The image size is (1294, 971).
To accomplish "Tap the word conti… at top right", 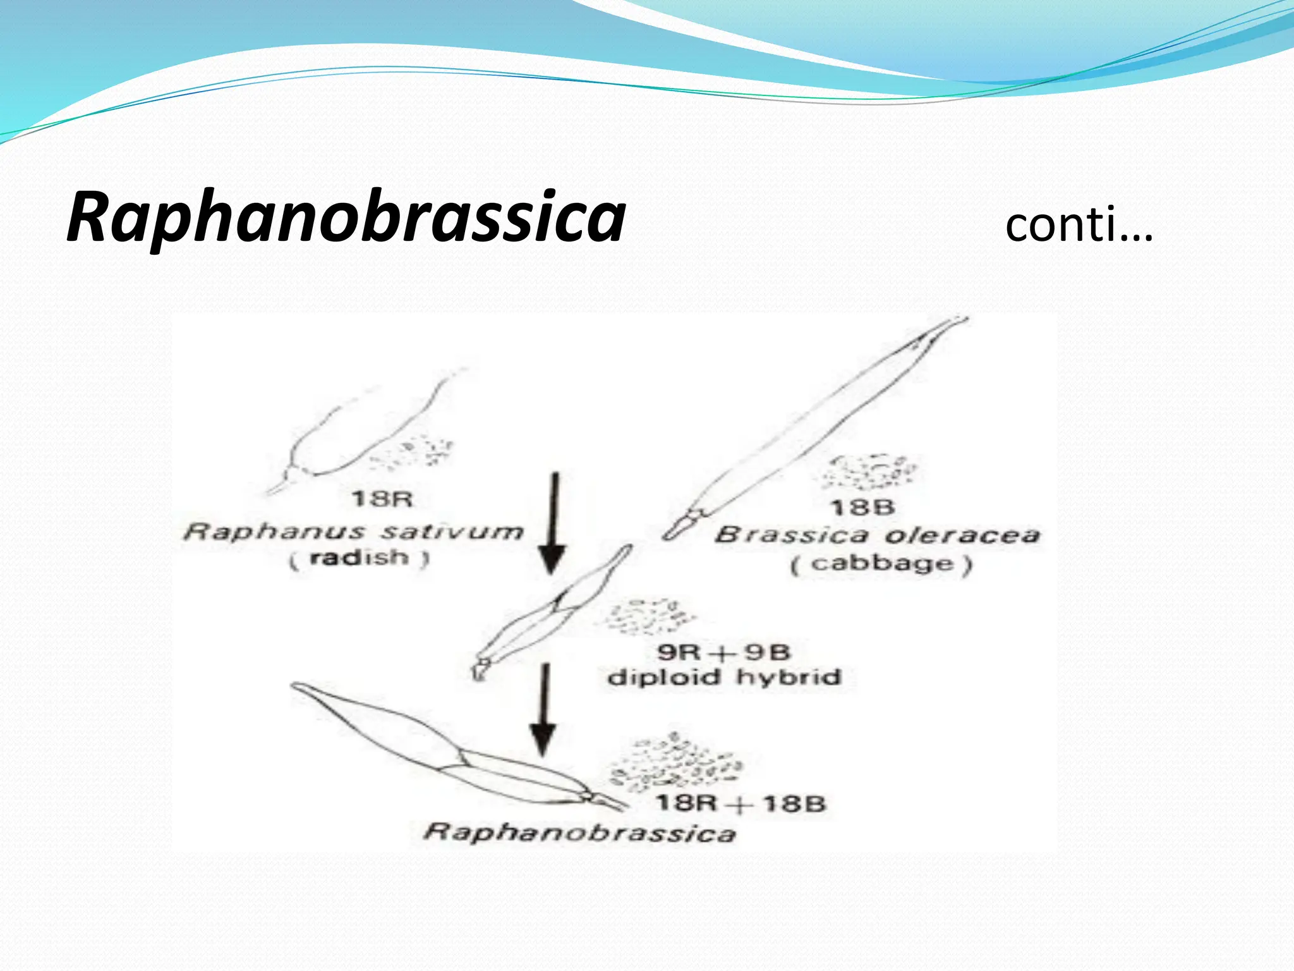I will click(x=1079, y=225).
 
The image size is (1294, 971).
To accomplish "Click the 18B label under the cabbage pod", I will click(x=863, y=507).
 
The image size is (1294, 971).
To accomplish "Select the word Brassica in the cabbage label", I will click(x=792, y=535).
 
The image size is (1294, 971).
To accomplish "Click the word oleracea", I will click(x=961, y=535).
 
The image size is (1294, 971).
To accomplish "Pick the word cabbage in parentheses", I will click(x=882, y=563).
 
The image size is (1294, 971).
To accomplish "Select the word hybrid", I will click(x=789, y=678).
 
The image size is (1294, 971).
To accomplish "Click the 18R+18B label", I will click(x=741, y=804).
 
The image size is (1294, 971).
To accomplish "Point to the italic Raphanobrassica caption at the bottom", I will click(x=580, y=832).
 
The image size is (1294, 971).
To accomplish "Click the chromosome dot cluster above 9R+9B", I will click(x=648, y=616).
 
